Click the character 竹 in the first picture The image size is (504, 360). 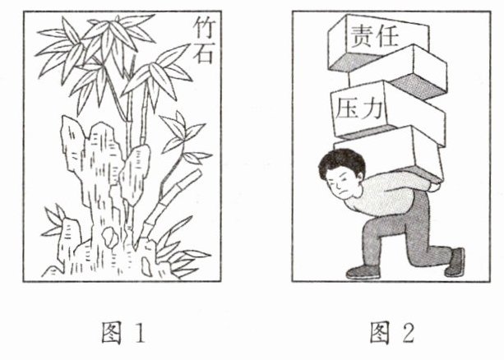pyautogui.click(x=203, y=28)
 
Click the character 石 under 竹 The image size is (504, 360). pyautogui.click(x=203, y=53)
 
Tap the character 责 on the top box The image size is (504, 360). pyautogui.click(x=362, y=36)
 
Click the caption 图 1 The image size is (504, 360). pyautogui.click(x=123, y=333)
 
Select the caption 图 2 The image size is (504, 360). pyautogui.click(x=392, y=333)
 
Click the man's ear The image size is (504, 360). pyautogui.click(x=358, y=177)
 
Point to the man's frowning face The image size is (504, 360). pyautogui.click(x=340, y=186)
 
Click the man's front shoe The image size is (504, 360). pyautogui.click(x=363, y=272)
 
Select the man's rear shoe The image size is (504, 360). pyautogui.click(x=455, y=262)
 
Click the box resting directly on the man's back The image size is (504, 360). pyautogui.click(x=390, y=155)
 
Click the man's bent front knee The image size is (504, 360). pyautogui.click(x=370, y=227)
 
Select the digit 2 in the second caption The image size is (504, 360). pyautogui.click(x=408, y=333)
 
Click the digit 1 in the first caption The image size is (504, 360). pyautogui.click(x=140, y=333)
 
